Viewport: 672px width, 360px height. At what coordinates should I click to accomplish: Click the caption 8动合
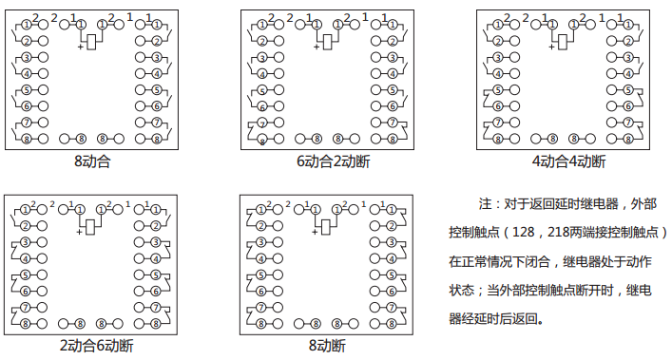93,161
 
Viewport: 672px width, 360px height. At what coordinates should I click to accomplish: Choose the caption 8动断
327,344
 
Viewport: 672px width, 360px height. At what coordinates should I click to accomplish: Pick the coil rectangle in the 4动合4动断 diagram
563,41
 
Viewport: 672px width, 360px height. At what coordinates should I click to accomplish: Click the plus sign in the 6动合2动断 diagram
316,46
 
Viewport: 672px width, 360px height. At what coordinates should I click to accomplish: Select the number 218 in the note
557,232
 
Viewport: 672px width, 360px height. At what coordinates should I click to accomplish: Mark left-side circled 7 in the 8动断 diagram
262,309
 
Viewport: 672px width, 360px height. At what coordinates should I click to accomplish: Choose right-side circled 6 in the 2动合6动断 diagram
155,291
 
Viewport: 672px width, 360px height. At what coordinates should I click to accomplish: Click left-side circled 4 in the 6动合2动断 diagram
262,73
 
